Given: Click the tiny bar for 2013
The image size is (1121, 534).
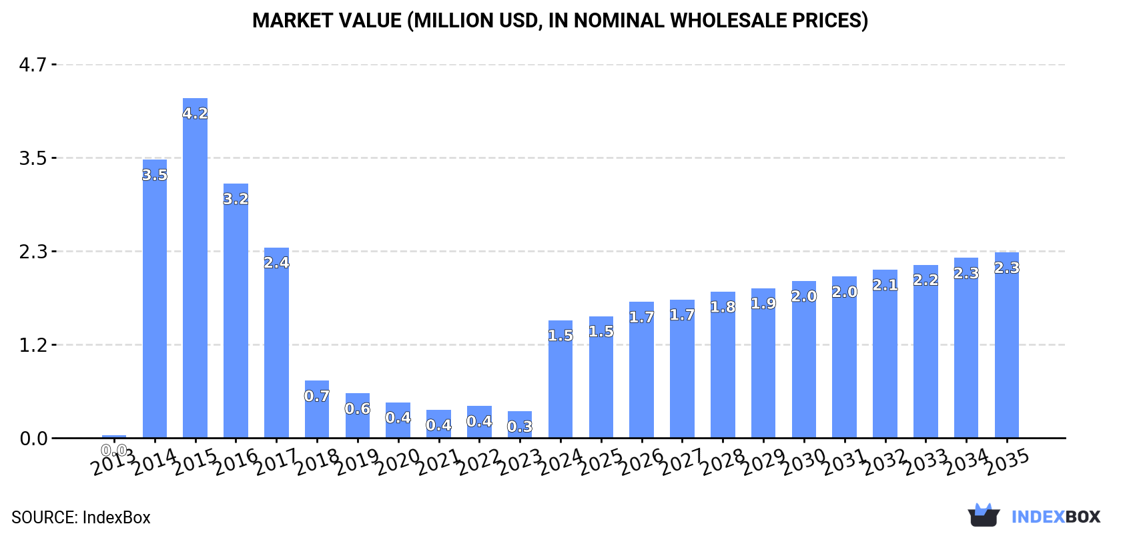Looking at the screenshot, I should pyautogui.click(x=114, y=437).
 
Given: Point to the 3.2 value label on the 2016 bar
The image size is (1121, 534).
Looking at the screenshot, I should pyautogui.click(x=236, y=199).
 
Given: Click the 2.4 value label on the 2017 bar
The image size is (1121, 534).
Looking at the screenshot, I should pyautogui.click(x=276, y=262).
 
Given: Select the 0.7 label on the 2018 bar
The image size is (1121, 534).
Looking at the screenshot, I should pyautogui.click(x=317, y=396).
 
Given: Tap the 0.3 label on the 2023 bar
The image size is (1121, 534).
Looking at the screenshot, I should pyautogui.click(x=520, y=427).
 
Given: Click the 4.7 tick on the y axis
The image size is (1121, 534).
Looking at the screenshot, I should pyautogui.click(x=33, y=65).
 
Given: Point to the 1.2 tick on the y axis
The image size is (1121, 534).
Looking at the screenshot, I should pyautogui.click(x=33, y=345).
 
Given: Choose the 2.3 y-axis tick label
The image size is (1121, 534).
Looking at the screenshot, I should pyautogui.click(x=33, y=252).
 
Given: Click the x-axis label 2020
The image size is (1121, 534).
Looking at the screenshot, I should pyautogui.click(x=398, y=462).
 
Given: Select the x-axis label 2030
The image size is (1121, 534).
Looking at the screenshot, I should pyautogui.click(x=803, y=462).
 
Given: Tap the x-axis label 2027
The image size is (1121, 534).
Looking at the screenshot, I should pyautogui.click(x=682, y=462).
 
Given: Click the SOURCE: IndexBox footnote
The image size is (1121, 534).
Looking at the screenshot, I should pyautogui.click(x=81, y=517).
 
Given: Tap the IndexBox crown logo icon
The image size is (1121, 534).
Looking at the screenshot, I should pyautogui.click(x=984, y=515).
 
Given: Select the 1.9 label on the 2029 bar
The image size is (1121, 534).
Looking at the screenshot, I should pyautogui.click(x=763, y=304).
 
